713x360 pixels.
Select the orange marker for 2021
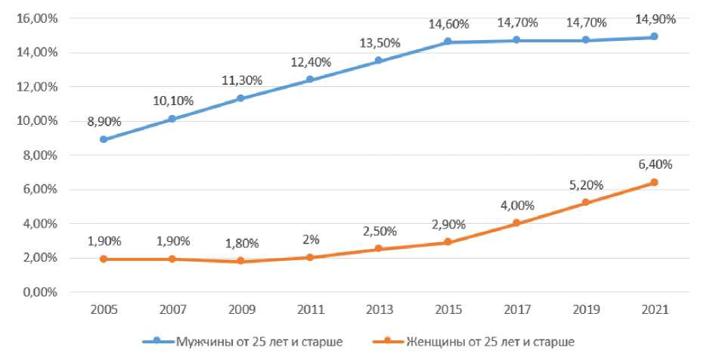[x=654, y=182]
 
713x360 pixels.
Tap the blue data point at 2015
[x=447, y=42]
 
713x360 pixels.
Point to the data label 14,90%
[x=656, y=20]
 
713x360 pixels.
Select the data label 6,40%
[x=655, y=163]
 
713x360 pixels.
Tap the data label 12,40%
[x=312, y=61]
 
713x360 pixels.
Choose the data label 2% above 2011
[x=310, y=239]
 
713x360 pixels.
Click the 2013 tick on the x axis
[x=378, y=310]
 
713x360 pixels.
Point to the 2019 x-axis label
[x=585, y=310]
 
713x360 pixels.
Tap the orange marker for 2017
[x=516, y=223]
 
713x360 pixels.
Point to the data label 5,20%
[x=585, y=185]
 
